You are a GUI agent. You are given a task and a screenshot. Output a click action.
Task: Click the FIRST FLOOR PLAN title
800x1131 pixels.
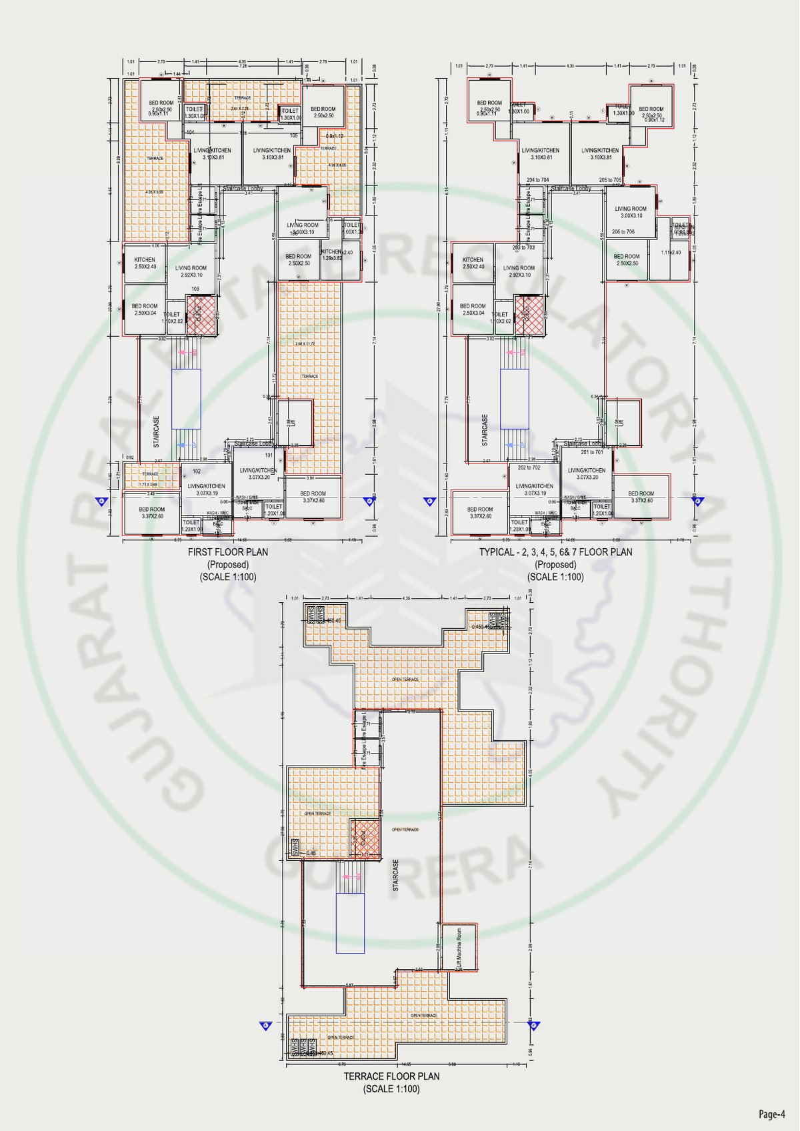click(x=228, y=552)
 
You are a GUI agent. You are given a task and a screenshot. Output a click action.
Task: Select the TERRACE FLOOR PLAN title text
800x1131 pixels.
click(x=391, y=1076)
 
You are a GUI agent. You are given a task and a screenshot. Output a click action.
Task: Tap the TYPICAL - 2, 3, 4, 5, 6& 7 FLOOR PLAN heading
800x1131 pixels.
click(x=555, y=552)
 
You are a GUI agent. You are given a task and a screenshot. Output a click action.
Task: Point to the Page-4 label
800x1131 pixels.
click(x=771, y=1114)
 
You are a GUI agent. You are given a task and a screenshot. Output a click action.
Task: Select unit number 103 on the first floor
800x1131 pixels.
click(x=195, y=289)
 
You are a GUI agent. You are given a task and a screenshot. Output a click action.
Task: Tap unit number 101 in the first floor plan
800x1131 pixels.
click(x=269, y=455)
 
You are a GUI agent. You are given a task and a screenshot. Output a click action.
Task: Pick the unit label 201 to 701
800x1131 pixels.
click(x=592, y=452)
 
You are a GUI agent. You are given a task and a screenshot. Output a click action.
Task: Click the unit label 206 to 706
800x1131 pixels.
click(x=623, y=232)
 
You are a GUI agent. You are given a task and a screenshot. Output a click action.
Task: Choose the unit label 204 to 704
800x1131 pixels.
click(x=537, y=180)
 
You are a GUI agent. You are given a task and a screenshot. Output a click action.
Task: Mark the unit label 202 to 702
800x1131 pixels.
click(x=529, y=467)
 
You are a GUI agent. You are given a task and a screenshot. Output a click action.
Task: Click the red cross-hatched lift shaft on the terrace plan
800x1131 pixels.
click(x=365, y=839)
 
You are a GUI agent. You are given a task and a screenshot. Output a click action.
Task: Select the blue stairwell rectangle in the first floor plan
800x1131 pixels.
click(x=186, y=399)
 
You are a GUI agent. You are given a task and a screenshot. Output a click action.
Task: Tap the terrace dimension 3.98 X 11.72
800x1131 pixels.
click(x=305, y=343)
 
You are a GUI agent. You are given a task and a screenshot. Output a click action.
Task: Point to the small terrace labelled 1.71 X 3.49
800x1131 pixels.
click(x=151, y=483)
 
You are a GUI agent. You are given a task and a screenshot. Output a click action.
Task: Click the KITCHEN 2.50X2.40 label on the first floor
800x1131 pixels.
click(x=145, y=263)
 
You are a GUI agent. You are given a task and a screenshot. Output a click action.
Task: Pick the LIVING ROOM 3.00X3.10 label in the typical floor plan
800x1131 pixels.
click(x=630, y=212)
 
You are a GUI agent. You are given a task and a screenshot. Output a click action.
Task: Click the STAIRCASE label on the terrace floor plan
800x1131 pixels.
click(x=396, y=876)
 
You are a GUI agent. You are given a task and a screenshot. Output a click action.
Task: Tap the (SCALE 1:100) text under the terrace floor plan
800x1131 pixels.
click(x=391, y=1089)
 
